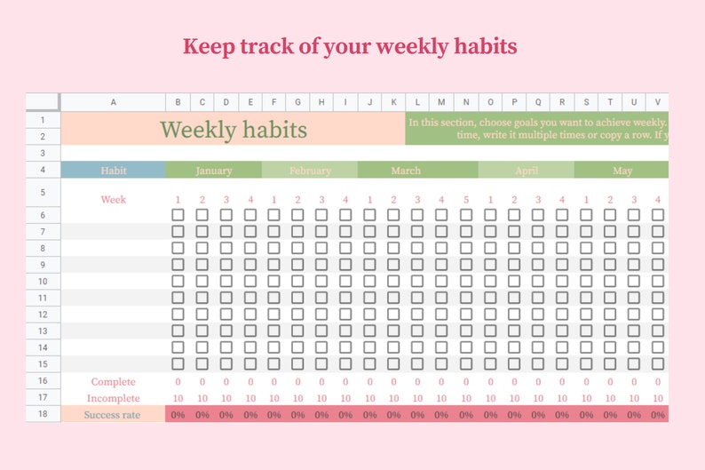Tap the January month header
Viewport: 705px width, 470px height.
click(x=213, y=171)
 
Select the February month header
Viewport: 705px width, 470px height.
click(x=309, y=171)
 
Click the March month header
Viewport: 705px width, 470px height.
click(x=406, y=171)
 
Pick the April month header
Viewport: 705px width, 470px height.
click(x=527, y=171)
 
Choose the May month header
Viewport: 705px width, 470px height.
click(x=622, y=171)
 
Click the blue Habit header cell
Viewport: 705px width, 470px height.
click(x=113, y=171)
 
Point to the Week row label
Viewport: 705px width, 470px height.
click(x=113, y=199)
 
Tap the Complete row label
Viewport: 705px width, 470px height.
click(x=113, y=381)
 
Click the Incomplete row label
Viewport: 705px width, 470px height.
click(x=113, y=398)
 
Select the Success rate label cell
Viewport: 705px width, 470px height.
click(x=113, y=415)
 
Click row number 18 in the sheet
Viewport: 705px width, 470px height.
click(x=43, y=415)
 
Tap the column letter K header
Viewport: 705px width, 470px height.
click(x=394, y=102)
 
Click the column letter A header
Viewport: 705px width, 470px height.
click(x=113, y=102)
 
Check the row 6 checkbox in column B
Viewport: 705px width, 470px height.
click(x=178, y=215)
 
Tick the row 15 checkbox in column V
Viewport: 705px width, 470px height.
click(x=658, y=363)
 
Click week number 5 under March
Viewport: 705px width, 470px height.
click(x=466, y=199)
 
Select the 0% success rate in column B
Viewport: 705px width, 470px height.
click(x=178, y=415)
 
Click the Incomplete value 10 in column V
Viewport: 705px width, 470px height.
click(x=658, y=398)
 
